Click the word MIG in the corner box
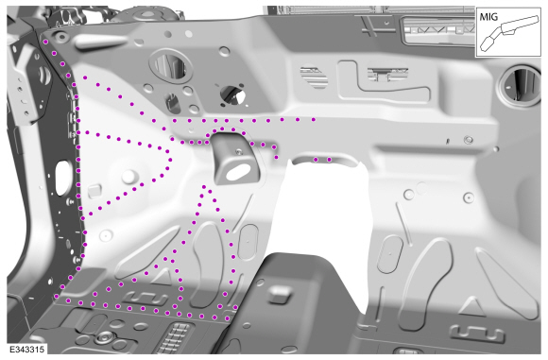point(488,16)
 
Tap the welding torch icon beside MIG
point(509,34)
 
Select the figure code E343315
point(26,350)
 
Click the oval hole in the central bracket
point(239,173)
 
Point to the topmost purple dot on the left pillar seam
point(45,42)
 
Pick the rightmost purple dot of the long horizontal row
point(314,120)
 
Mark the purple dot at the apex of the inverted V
point(204,187)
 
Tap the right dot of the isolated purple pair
point(329,160)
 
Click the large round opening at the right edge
point(521,85)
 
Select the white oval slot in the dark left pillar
point(61,178)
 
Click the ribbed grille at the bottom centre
point(175,338)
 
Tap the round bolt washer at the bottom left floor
point(105,337)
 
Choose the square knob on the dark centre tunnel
point(279,294)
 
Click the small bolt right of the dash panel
point(469,140)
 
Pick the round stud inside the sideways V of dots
point(128,177)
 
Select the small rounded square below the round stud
point(94,191)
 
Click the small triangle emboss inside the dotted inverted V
point(162,277)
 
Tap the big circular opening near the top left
point(171,65)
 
